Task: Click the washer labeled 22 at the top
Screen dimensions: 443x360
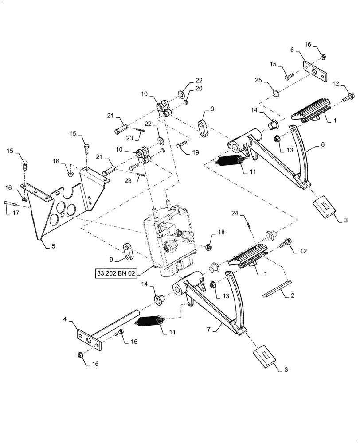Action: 182,93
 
